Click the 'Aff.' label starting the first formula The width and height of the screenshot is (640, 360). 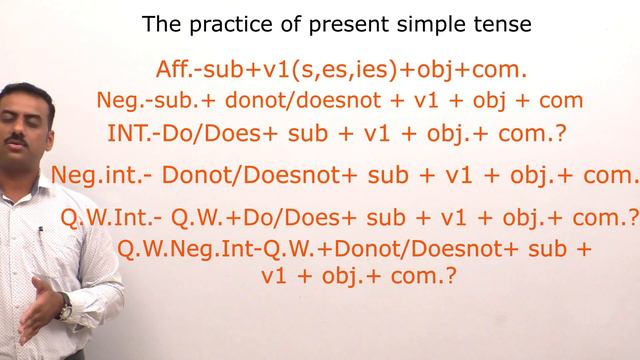177,70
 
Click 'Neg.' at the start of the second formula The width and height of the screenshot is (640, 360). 117,101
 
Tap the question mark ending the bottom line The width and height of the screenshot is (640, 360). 451,276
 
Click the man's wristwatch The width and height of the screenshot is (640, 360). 66,311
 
